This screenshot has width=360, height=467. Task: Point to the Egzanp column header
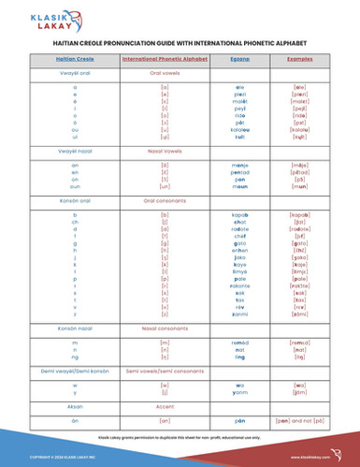[239, 59]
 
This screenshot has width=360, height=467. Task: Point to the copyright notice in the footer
[56, 456]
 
